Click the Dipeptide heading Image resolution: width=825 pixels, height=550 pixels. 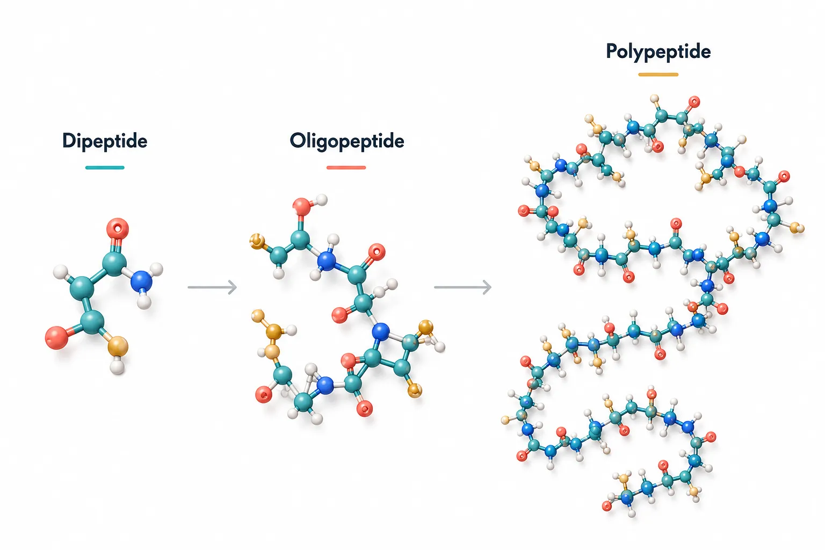click(x=105, y=141)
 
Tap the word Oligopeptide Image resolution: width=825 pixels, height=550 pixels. click(x=347, y=141)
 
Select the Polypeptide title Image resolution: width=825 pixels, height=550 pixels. click(x=658, y=52)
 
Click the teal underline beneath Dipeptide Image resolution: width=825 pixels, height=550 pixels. click(x=105, y=168)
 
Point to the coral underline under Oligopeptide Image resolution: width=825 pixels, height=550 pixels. click(x=346, y=168)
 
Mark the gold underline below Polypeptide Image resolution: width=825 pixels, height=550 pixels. click(x=658, y=75)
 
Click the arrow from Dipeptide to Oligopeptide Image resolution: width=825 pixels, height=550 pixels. click(x=212, y=287)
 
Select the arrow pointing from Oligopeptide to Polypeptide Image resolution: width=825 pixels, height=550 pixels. click(x=462, y=287)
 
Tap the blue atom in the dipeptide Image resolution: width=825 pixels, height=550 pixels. click(x=141, y=281)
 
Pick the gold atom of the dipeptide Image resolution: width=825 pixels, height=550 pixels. click(x=118, y=346)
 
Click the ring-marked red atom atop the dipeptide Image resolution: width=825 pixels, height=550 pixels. click(x=118, y=229)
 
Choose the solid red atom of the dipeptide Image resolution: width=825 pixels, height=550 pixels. click(x=57, y=337)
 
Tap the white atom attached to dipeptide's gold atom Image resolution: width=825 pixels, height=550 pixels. click(x=118, y=367)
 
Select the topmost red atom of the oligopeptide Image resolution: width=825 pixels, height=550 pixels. click(x=302, y=207)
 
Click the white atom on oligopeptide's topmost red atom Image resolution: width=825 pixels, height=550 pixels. click(x=321, y=200)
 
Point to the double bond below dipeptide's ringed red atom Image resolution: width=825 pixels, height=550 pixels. click(x=116, y=246)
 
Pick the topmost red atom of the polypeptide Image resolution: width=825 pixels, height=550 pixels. click(x=694, y=102)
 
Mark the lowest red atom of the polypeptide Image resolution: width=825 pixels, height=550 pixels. click(x=607, y=506)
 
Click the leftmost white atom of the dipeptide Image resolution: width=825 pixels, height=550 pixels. click(x=60, y=272)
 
